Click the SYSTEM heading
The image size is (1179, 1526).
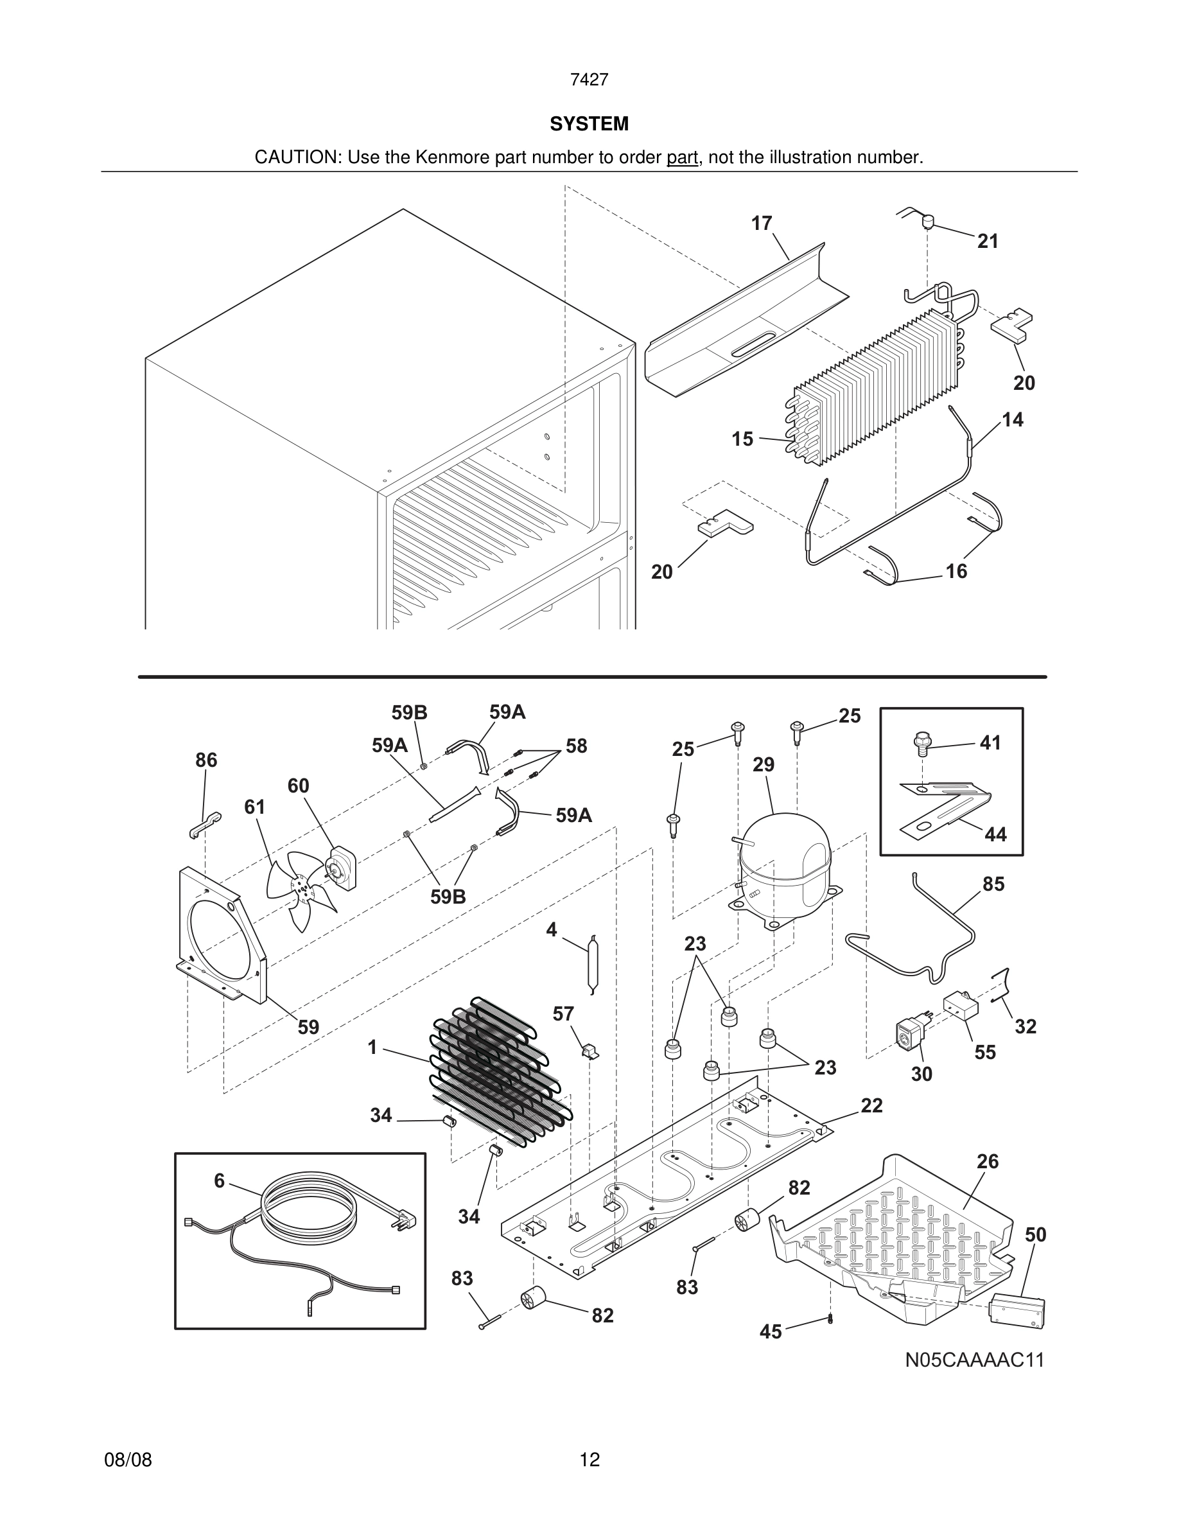(x=589, y=124)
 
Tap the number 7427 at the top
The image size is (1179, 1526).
(x=589, y=80)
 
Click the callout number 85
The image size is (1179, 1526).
(x=993, y=884)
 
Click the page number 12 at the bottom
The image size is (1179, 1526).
(x=589, y=1460)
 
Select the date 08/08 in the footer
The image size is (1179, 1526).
(x=128, y=1460)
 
